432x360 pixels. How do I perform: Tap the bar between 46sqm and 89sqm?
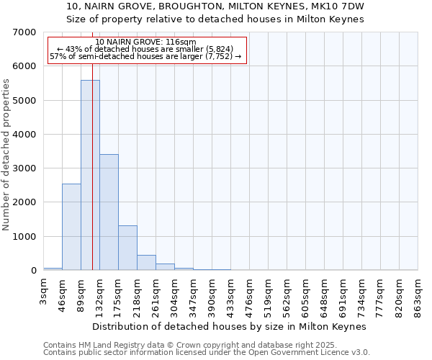click(71, 227)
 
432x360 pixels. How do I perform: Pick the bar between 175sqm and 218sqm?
click(127, 248)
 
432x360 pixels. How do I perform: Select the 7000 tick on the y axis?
click(26, 32)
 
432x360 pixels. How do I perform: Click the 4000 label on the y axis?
click(26, 135)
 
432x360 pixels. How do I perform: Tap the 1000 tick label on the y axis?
click(26, 237)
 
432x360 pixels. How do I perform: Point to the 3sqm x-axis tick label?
click(44, 294)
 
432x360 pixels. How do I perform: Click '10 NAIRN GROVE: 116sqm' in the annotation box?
click(145, 42)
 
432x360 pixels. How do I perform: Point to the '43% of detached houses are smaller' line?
click(147, 49)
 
